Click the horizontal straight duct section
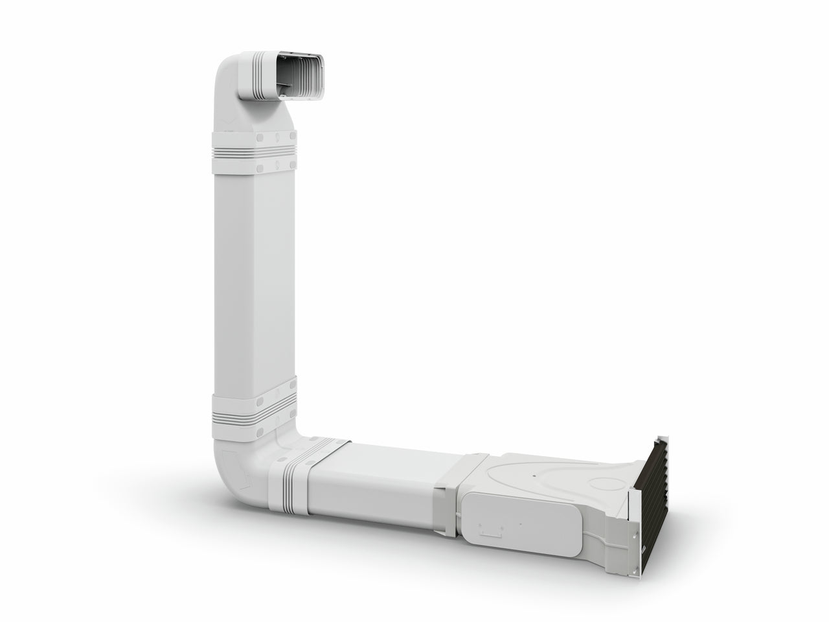click(382, 483)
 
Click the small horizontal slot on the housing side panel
click(497, 533)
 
